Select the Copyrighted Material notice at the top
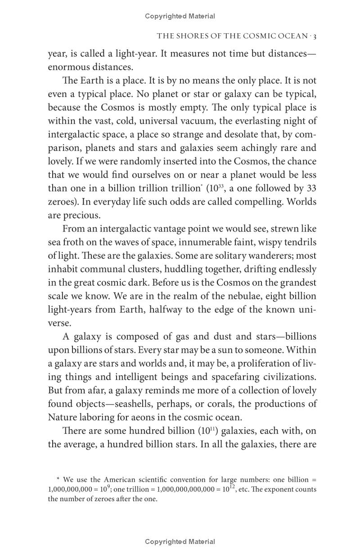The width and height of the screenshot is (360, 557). click(x=180, y=16)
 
